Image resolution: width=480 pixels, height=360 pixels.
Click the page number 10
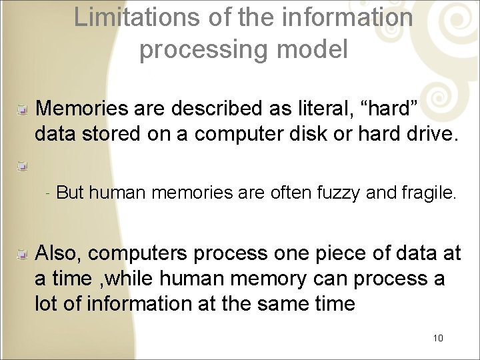click(438, 338)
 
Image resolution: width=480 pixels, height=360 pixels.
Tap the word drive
click(431, 134)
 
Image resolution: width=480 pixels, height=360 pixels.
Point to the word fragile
click(429, 193)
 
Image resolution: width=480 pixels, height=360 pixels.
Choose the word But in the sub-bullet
click(70, 193)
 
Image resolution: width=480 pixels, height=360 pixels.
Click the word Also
click(59, 253)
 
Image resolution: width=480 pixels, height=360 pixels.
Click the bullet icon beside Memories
click(23, 108)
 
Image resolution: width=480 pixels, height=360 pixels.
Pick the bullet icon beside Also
click(23, 253)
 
